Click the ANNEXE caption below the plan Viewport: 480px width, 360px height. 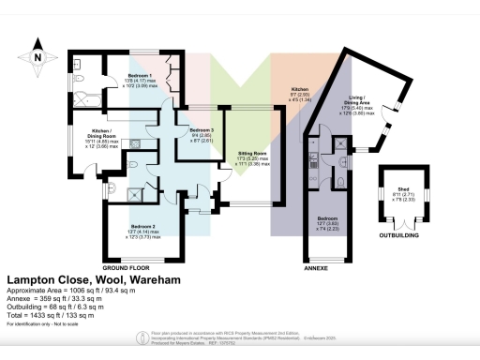(319, 267)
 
